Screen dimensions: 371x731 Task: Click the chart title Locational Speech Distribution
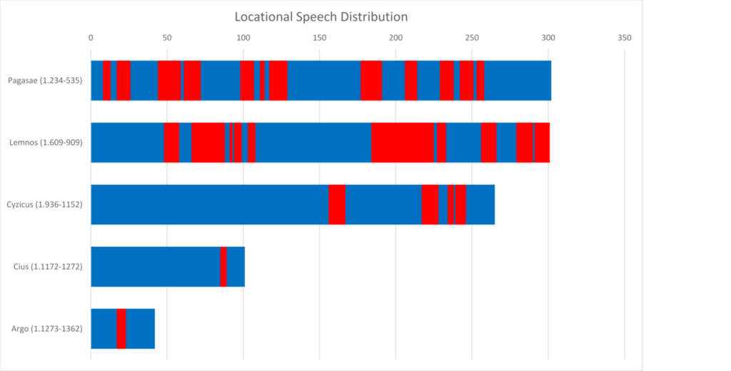[322, 16]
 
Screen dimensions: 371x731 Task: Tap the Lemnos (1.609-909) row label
[46, 142]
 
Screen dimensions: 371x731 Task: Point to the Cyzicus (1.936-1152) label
[44, 205]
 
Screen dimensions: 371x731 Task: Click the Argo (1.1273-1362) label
[47, 329]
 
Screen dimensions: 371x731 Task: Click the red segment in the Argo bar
[121, 329]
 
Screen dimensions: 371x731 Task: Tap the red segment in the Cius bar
[223, 267]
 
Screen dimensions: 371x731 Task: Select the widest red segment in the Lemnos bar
[403, 142]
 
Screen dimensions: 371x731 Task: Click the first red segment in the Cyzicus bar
[337, 205]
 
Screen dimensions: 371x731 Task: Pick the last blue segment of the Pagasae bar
[518, 80]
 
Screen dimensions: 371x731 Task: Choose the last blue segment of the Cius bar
[236, 267]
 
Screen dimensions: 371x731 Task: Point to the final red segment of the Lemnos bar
[543, 142]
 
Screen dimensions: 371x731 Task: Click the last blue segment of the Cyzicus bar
[480, 205]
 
